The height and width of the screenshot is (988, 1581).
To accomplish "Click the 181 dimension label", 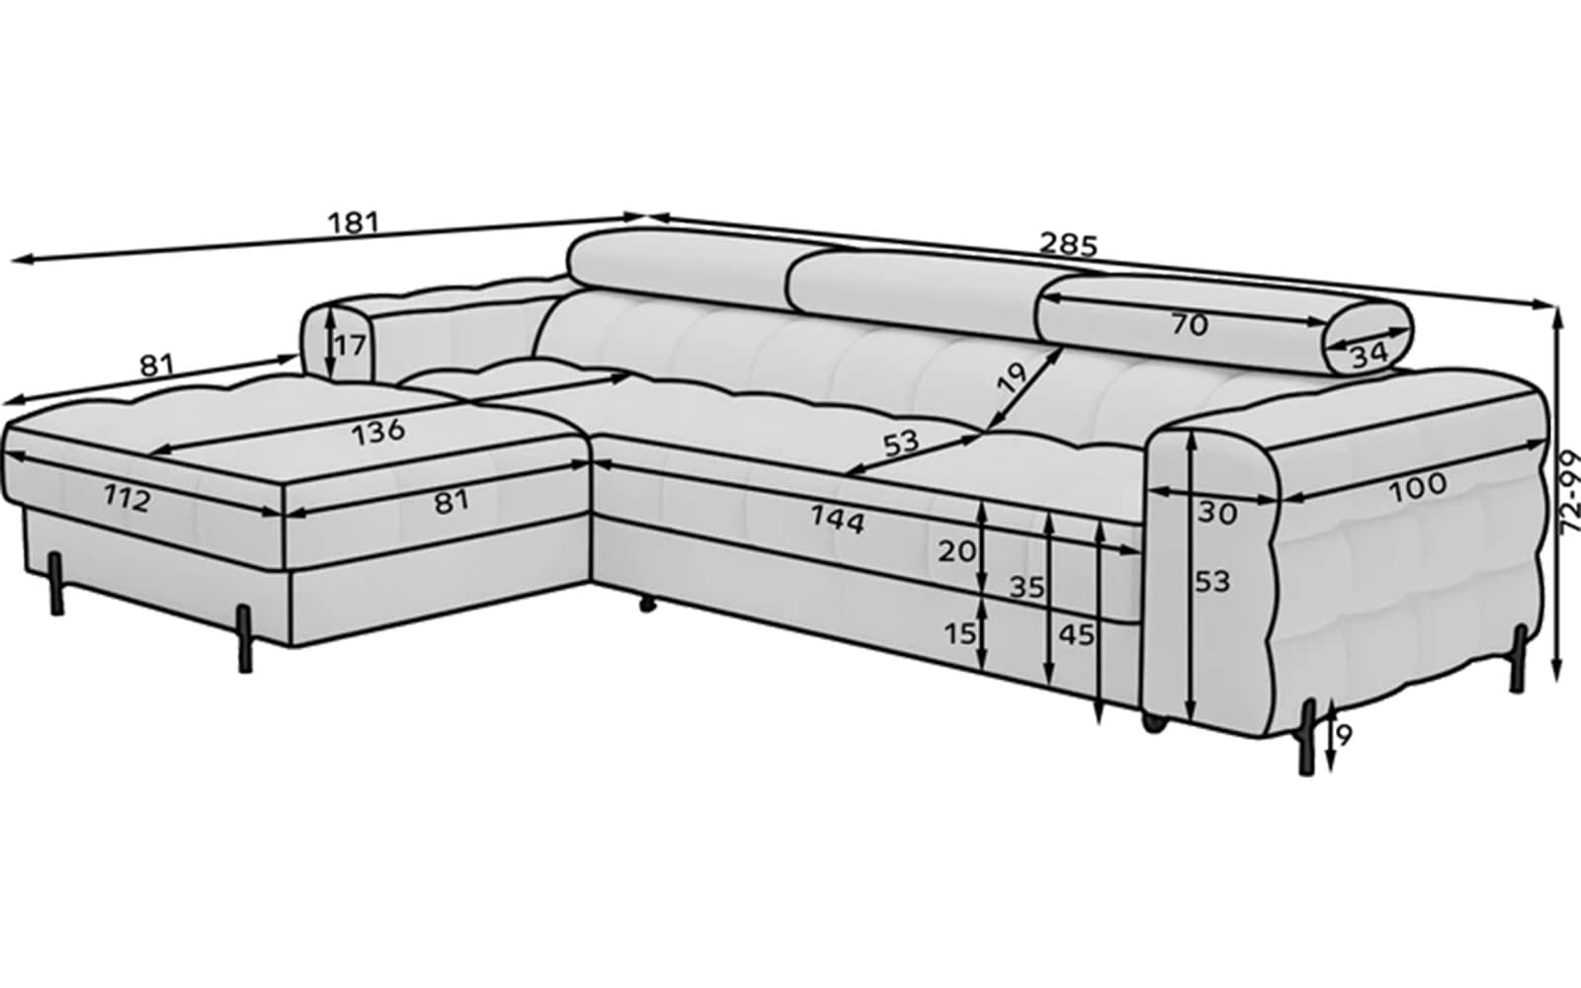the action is click(354, 222).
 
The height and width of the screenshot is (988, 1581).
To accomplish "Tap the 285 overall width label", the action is click(1069, 244).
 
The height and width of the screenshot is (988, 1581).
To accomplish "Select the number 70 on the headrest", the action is click(1190, 325).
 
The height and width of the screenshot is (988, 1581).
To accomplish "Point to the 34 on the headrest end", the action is click(1370, 355).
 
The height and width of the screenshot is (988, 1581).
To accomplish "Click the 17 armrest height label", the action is click(350, 346).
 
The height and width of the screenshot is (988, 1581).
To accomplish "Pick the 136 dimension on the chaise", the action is click(378, 431).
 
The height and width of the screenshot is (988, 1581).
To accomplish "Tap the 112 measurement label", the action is click(127, 499).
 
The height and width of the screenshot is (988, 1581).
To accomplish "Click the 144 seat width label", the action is click(837, 520).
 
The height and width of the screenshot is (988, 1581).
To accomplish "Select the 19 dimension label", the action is click(1012, 376).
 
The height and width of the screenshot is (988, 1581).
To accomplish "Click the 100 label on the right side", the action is click(1418, 488).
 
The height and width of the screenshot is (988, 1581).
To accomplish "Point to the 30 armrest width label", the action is click(1217, 513).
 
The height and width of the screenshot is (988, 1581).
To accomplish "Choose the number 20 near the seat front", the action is click(957, 552).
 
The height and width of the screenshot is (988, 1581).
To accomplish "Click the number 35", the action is click(1027, 587).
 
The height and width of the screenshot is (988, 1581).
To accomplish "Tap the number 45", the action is click(1076, 635).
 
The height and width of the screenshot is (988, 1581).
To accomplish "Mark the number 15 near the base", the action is click(960, 634).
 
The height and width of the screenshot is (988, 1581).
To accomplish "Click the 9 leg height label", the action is click(1343, 735).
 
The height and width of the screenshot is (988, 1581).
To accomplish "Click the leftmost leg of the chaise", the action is click(55, 583).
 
